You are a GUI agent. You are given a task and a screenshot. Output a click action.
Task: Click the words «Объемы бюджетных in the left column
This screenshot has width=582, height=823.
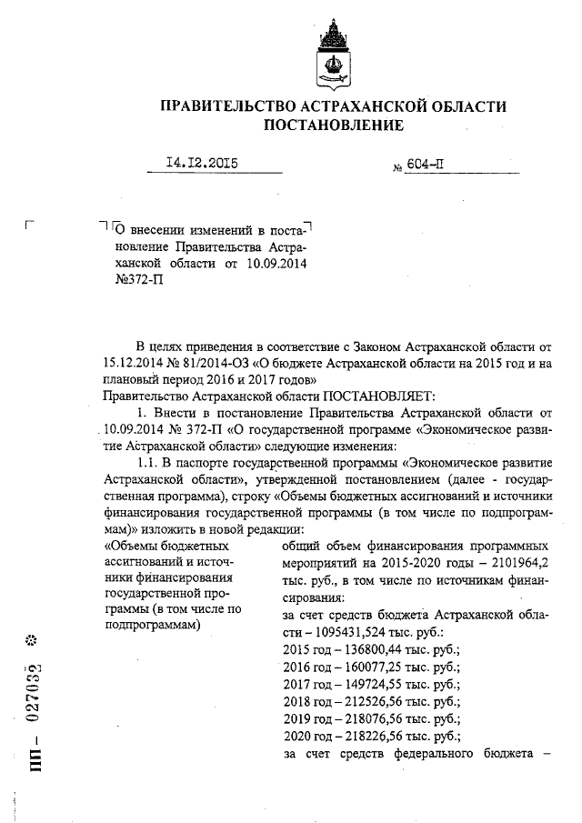coord(166,547)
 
